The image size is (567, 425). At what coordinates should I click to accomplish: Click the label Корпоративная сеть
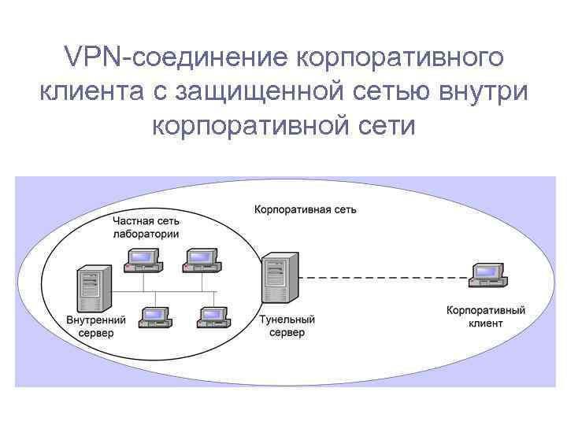click(x=305, y=210)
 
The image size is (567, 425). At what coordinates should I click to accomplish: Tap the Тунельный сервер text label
click(x=287, y=326)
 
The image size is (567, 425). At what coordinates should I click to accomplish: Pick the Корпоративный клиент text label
click(x=485, y=317)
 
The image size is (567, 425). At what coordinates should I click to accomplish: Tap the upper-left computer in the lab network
click(x=143, y=260)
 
